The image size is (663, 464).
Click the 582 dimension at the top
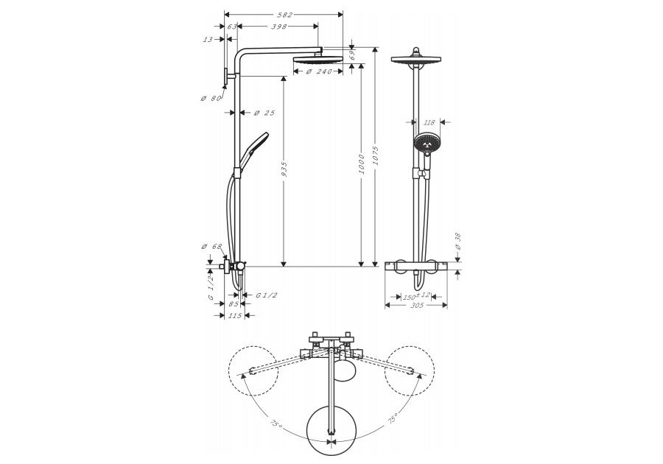(x=284, y=15)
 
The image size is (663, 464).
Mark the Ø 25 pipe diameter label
(x=264, y=113)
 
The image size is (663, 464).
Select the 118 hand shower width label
(x=431, y=122)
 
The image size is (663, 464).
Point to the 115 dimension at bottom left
(x=234, y=315)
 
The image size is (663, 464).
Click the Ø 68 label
(x=211, y=246)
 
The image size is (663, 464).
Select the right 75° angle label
(x=392, y=420)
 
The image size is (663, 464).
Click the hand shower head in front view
(x=425, y=144)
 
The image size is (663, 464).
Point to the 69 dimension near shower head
(x=352, y=55)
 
